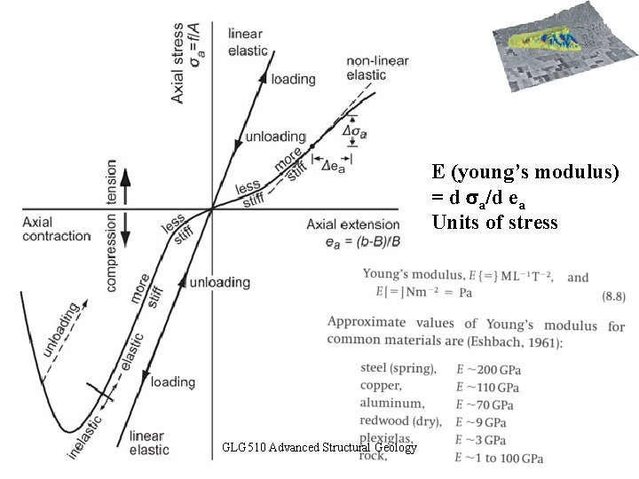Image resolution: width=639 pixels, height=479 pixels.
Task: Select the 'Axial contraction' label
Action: (x=57, y=229)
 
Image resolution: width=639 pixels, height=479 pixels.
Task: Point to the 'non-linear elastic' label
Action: (x=366, y=67)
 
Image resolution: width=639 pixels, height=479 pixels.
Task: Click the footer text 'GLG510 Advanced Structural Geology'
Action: (x=319, y=448)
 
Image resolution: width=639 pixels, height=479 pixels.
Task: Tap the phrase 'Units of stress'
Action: (x=495, y=221)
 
